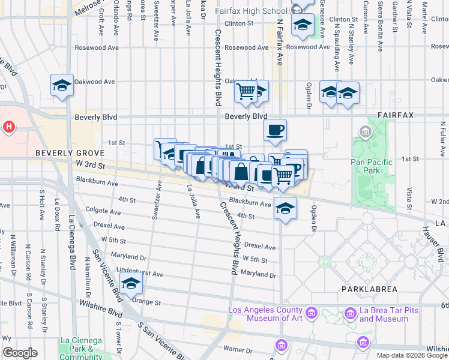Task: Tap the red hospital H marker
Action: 9,127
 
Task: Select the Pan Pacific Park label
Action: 372,166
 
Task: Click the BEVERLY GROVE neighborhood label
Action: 62,153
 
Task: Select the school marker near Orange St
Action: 130,284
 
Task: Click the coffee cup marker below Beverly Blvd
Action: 275,130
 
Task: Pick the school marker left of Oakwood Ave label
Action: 62,85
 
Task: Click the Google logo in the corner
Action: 20,353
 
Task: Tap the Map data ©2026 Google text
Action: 412,355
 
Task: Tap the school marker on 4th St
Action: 286,208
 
